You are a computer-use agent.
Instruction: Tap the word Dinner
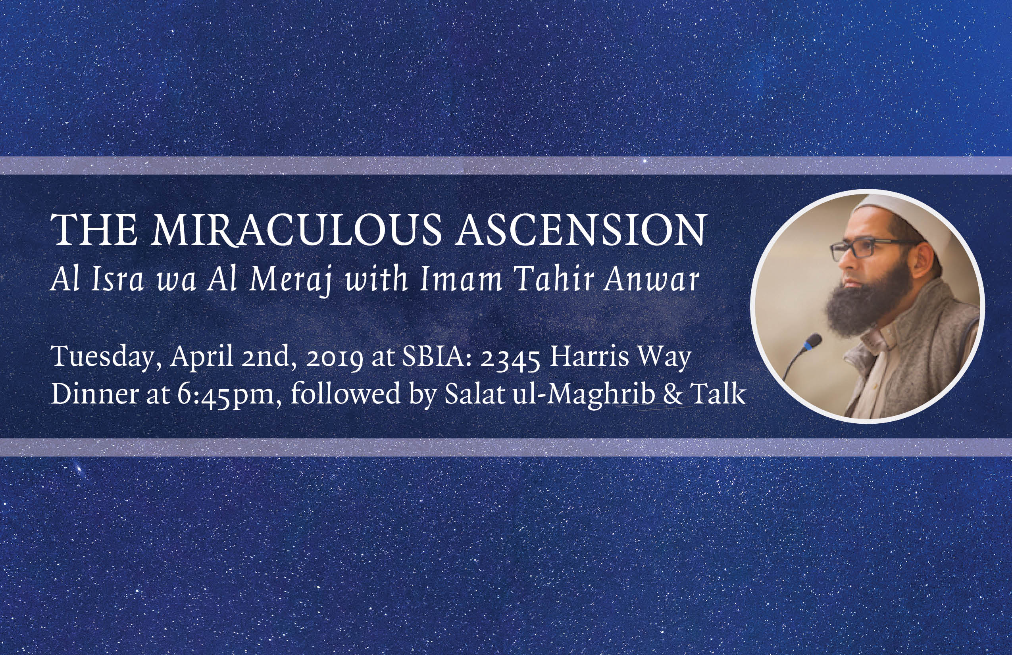95,394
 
